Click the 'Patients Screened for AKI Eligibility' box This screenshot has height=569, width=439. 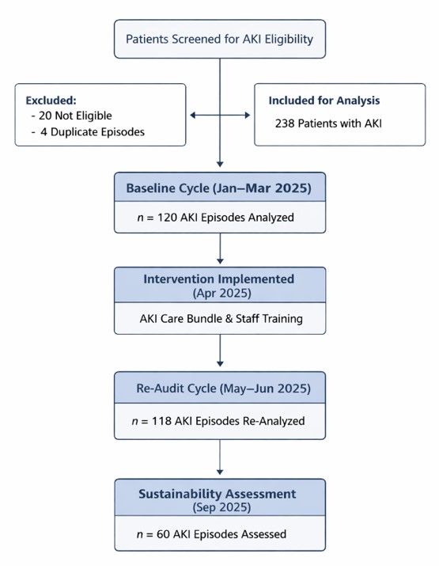220,39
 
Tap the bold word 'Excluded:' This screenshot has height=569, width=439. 51,101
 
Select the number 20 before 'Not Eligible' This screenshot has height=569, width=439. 45,116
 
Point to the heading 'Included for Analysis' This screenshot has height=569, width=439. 324,101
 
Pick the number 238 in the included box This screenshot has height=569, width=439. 285,123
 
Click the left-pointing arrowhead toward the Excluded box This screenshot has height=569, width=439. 193,115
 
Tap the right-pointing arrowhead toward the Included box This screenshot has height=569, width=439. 247,115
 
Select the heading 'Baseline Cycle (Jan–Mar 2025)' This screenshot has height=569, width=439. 219,188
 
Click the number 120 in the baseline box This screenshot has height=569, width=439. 167,218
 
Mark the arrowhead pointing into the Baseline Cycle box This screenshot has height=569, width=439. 220,164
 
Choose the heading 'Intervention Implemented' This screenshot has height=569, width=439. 219,279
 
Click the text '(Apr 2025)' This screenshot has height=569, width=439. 222,293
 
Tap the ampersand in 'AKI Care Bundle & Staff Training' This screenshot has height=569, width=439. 229,319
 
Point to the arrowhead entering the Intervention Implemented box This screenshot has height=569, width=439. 220,261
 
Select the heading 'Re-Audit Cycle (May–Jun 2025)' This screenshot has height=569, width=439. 224,389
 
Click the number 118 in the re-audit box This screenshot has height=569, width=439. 161,421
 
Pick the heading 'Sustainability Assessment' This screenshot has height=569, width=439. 218,494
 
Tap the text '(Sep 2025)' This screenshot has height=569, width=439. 221,507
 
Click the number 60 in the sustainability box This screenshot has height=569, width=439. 163,534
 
